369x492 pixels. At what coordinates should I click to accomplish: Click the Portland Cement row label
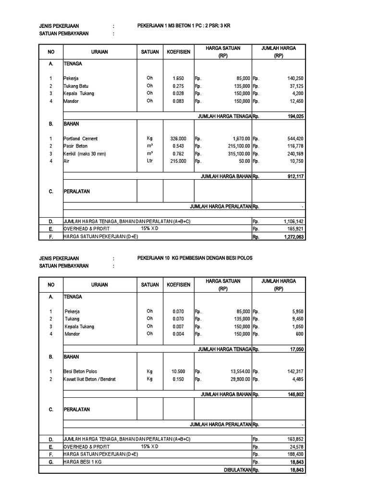point(80,138)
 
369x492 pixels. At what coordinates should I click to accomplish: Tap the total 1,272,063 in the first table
point(293,237)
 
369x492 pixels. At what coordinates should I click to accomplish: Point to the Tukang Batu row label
point(76,86)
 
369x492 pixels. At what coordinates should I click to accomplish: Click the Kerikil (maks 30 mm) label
point(84,154)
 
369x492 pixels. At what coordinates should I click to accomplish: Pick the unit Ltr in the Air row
point(150,161)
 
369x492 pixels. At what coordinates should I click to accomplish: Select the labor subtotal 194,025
point(294,116)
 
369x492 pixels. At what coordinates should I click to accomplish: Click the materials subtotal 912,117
point(294,176)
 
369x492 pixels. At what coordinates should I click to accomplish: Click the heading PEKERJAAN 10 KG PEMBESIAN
point(195,258)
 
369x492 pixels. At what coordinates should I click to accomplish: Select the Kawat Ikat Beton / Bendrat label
point(89,379)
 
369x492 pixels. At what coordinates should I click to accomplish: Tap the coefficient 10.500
point(178,371)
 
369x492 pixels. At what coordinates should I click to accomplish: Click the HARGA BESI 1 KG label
point(83,462)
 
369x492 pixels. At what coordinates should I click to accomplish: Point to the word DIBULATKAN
point(238,470)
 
